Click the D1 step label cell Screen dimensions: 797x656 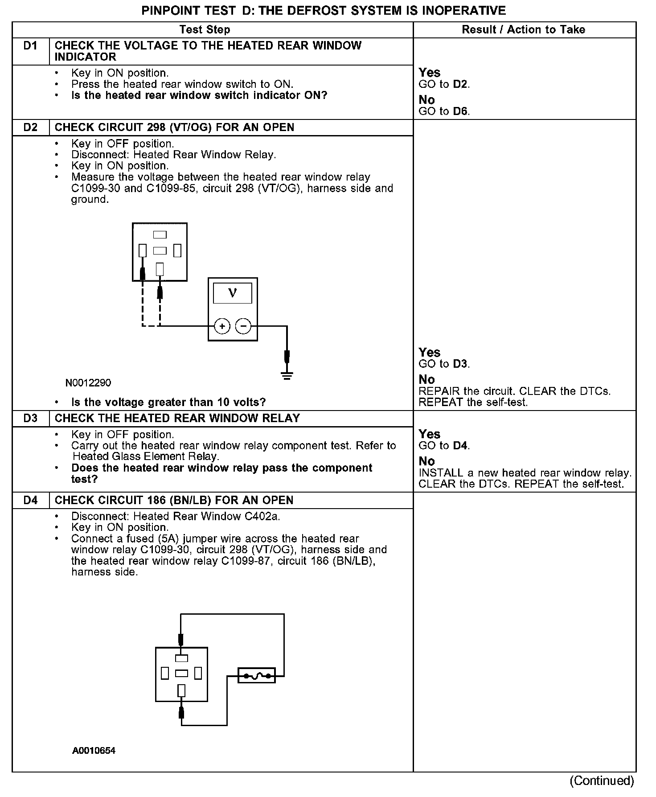click(x=30, y=46)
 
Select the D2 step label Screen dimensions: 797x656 click(x=30, y=127)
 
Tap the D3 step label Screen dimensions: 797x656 click(x=30, y=419)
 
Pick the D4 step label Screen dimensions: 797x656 click(x=30, y=500)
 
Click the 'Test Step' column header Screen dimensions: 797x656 click(x=205, y=30)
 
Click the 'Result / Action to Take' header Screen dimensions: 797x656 click(x=523, y=30)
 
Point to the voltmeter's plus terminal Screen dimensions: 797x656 click(x=222, y=326)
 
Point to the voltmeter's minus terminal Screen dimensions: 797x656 click(x=243, y=326)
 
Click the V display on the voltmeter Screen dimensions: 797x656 click(x=232, y=293)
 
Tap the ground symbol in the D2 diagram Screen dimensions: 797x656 click(x=287, y=377)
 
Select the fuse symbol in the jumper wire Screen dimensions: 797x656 click(x=257, y=676)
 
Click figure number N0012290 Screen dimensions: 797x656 click(x=88, y=383)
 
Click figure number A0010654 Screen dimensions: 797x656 click(x=94, y=751)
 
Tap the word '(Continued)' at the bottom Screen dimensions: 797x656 click(x=602, y=781)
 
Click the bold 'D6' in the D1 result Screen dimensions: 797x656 click(x=460, y=111)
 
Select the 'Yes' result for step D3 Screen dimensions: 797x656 click(x=429, y=434)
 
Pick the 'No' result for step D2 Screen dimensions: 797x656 click(x=426, y=379)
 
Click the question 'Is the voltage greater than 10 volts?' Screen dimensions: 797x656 click(x=168, y=403)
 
